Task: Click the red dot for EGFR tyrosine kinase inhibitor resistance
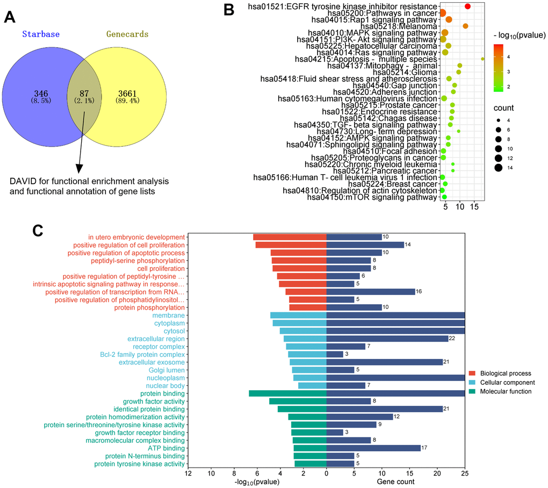tap(467, 6)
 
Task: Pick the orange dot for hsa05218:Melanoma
tap(465, 26)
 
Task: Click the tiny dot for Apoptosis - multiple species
tap(482, 59)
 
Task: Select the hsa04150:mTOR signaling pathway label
tap(372, 197)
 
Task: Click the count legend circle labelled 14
tap(499, 168)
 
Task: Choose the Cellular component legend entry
tap(507, 382)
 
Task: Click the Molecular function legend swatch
tap(473, 391)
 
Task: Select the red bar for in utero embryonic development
tap(290, 237)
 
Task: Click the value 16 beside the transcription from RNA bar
tap(419, 292)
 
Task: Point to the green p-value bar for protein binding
tap(287, 393)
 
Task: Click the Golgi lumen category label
tap(167, 370)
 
